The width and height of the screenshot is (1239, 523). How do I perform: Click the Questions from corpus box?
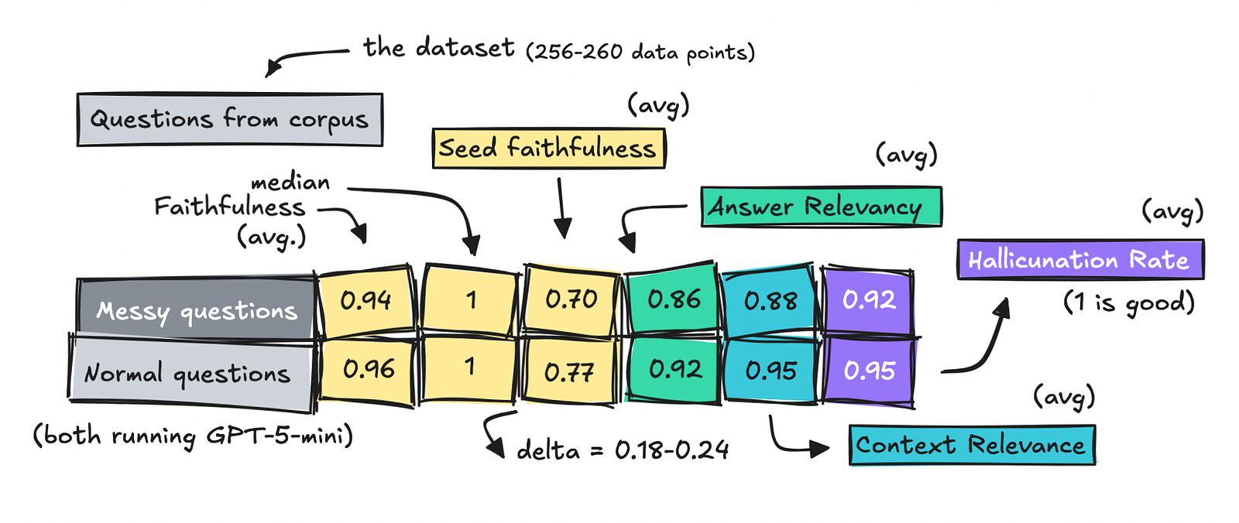(229, 119)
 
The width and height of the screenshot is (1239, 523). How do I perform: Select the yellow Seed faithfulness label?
(549, 149)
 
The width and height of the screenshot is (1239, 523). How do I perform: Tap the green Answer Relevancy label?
(822, 207)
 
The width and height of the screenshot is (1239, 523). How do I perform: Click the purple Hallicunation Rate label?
(1080, 259)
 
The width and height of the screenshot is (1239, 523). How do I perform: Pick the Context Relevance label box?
(972, 445)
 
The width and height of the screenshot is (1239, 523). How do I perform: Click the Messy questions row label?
(197, 309)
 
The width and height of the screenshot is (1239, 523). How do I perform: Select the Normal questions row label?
(190, 373)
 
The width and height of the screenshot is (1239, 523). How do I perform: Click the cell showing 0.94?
(366, 301)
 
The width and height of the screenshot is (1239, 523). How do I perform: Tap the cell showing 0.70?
(571, 300)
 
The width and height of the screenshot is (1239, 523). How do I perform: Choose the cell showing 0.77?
(570, 371)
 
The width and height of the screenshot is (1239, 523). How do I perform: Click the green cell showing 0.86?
(673, 299)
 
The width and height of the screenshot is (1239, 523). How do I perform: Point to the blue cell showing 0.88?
(770, 300)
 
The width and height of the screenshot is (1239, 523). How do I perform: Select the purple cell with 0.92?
(868, 300)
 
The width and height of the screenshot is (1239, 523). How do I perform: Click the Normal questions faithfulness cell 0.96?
(368, 369)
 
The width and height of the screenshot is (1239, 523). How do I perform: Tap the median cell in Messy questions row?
(470, 300)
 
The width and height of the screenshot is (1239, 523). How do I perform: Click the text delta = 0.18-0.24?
(623, 450)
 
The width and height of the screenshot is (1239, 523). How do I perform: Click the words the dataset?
(438, 47)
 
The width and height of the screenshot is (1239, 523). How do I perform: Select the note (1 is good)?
(1129, 303)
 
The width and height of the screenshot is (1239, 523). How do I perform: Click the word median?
(290, 182)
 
